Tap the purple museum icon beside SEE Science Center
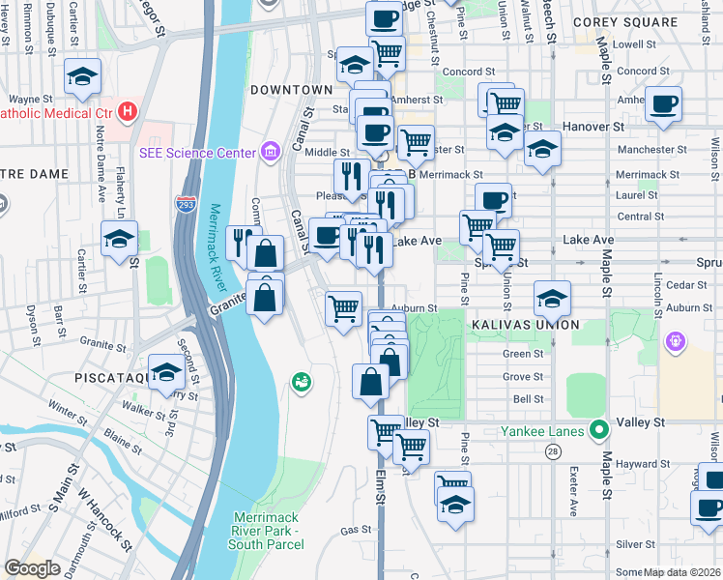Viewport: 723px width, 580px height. click(x=270, y=152)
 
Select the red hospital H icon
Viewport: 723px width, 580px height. click(x=128, y=113)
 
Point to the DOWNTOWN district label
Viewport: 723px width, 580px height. click(x=291, y=90)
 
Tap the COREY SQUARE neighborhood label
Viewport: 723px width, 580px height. click(x=638, y=21)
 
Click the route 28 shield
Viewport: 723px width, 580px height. click(x=553, y=451)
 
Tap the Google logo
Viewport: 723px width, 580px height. click(x=32, y=568)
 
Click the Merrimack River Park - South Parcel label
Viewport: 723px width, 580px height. click(x=266, y=531)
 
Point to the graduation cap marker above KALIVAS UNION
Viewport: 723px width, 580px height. click(x=552, y=298)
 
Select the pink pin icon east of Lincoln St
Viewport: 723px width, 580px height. click(x=676, y=340)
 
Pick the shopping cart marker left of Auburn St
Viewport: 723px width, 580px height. click(x=344, y=309)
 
